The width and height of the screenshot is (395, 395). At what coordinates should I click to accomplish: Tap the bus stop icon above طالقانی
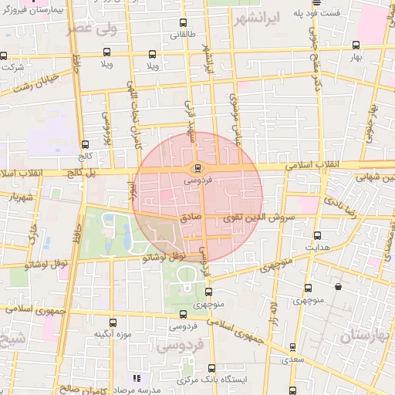(x=183, y=23)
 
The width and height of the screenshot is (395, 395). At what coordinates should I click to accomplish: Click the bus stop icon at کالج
(x=84, y=144)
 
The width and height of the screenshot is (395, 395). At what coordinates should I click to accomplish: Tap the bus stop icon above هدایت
(x=317, y=235)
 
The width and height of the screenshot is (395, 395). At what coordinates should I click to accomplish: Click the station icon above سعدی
(x=291, y=347)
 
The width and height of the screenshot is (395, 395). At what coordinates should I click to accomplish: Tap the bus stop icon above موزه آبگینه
(x=113, y=322)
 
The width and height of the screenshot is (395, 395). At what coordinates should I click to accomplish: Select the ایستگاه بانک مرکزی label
(x=228, y=381)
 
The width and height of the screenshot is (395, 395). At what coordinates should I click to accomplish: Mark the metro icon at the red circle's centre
(x=197, y=167)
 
